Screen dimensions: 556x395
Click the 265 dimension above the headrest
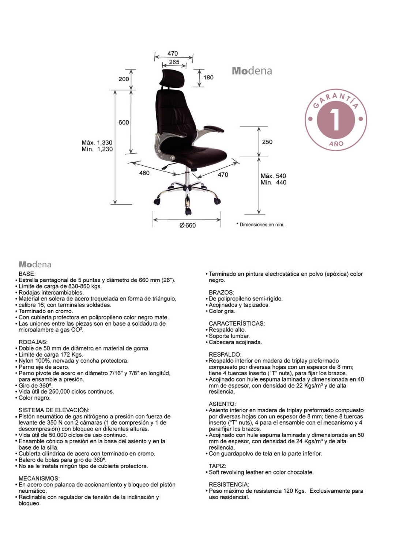coord(174,62)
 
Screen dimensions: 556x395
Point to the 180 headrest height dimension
coord(208,78)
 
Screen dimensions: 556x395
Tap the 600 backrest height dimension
coord(124,123)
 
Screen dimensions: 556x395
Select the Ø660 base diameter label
coord(188,225)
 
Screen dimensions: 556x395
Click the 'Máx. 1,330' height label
coord(97,143)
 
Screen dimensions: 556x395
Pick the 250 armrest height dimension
coord(267,142)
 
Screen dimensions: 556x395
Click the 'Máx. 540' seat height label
coord(273,176)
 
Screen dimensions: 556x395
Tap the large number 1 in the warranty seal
coord(335,120)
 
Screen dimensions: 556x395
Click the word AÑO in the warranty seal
coord(336,144)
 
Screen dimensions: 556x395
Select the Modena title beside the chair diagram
coord(252,71)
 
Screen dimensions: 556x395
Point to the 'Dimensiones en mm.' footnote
coord(260,225)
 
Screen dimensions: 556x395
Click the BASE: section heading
coord(27,274)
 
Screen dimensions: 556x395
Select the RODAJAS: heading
coord(33,342)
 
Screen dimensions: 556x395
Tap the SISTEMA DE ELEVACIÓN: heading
coord(54,410)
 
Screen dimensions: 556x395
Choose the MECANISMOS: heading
coord(39,478)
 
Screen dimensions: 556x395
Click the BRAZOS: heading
coord(221,293)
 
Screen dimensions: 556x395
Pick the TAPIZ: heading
coord(218,466)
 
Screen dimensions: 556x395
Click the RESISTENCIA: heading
coord(229,485)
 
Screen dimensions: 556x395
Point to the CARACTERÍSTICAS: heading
coord(237,323)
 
